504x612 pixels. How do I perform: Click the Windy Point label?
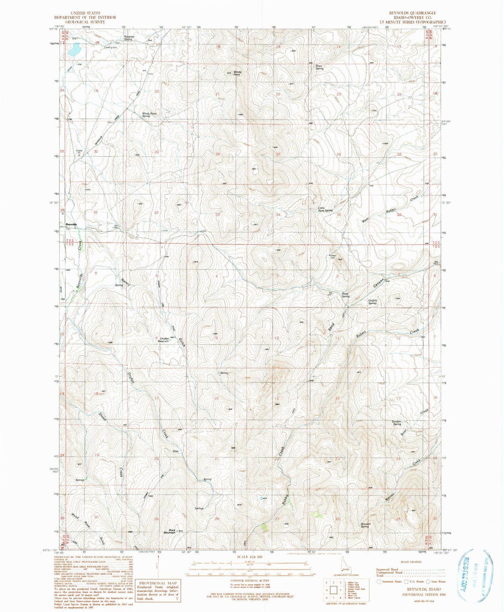coord(237,73)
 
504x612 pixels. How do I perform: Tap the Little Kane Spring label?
coord(325,210)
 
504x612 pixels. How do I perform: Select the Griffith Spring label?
coord(373,302)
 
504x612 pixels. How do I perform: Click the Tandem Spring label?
coord(397,423)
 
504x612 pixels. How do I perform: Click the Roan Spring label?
coord(319,67)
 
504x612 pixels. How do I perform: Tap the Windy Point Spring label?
coord(149,115)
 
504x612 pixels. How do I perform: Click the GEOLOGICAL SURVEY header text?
coord(85,22)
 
